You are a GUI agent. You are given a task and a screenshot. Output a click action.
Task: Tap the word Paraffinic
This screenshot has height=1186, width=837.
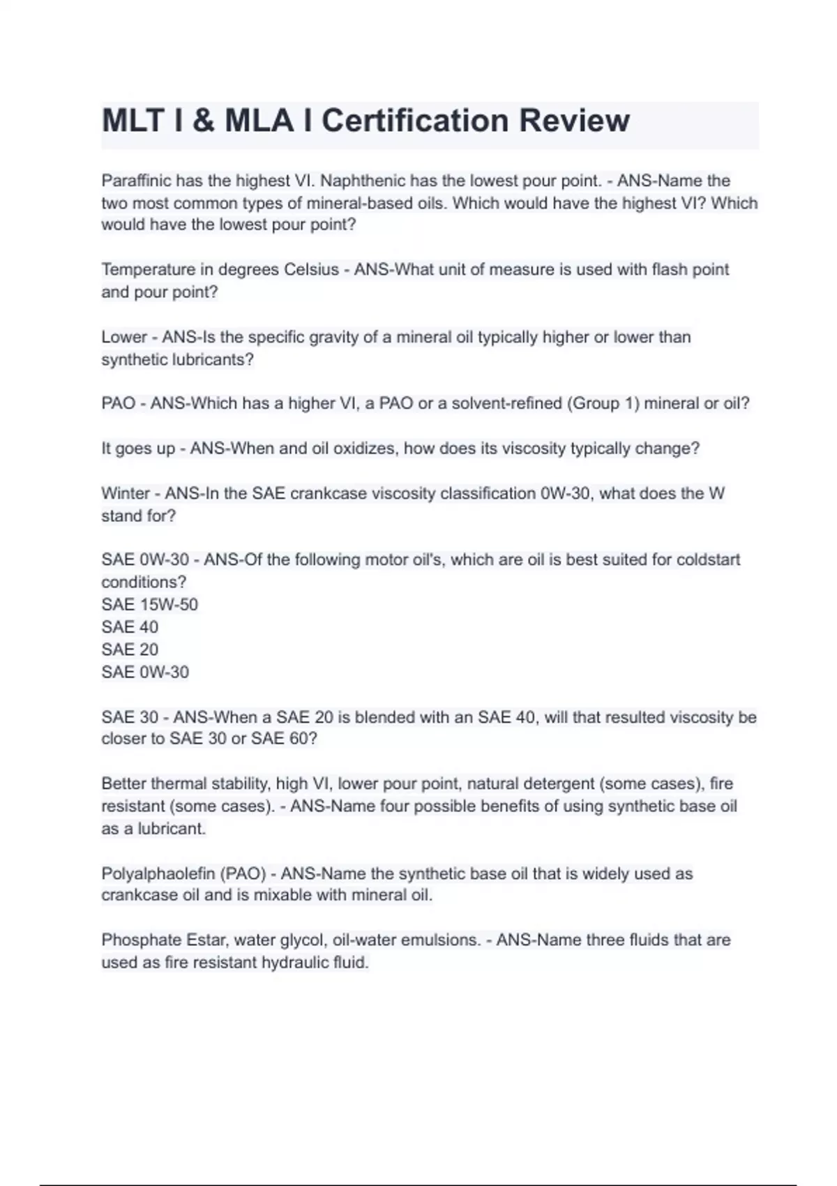(135, 181)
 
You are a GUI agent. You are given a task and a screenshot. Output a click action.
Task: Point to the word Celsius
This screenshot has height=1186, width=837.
(311, 269)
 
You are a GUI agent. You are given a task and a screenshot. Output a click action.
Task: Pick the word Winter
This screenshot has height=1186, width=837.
(126, 493)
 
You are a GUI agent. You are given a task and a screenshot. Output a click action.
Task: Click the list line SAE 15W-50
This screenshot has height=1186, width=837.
(149, 604)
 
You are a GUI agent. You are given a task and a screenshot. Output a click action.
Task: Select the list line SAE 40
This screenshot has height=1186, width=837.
(130, 626)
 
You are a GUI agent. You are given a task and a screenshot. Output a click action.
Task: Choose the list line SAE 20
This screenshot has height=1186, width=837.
(130, 650)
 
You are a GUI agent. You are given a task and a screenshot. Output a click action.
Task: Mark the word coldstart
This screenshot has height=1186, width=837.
(709, 560)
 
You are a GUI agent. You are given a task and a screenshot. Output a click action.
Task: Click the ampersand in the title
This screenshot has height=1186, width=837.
(202, 121)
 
